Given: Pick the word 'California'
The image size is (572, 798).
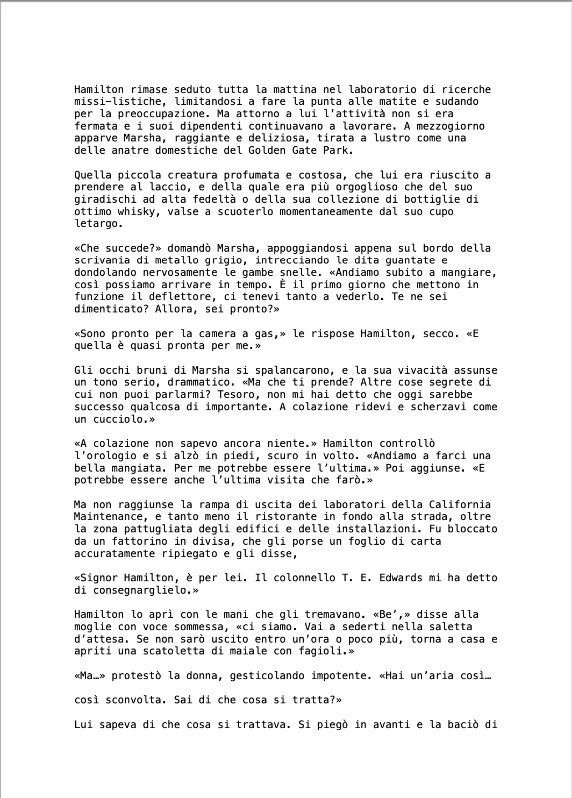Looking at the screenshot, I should (460, 505).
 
